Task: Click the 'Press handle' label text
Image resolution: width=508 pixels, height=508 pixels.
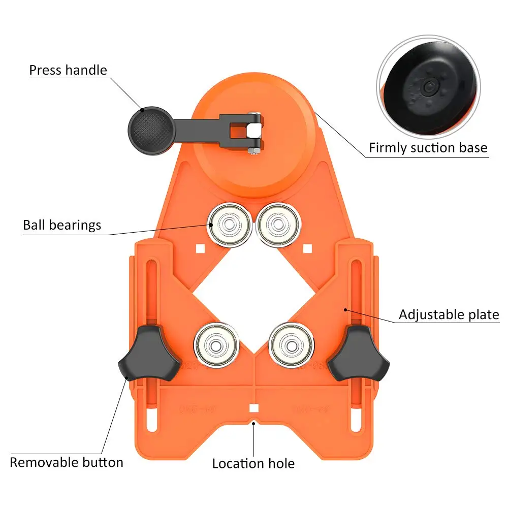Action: pos(68,70)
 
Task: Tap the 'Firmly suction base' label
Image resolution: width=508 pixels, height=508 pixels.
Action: pos(428,148)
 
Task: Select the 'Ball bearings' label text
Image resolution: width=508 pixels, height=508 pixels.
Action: pos(62,225)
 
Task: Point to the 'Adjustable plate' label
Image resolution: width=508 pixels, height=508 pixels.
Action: pos(449,314)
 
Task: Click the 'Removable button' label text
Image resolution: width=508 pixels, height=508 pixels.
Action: pos(67,462)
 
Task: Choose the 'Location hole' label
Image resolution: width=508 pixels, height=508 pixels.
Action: pos(253,463)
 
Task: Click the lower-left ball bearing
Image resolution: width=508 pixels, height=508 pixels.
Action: pos(215,344)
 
